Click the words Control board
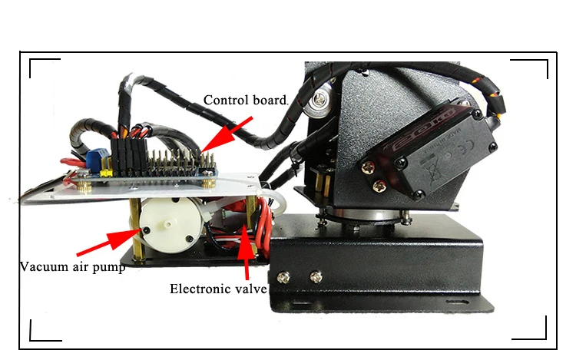(244, 100)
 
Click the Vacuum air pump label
(72, 268)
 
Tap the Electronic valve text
(218, 289)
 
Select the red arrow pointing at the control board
(227, 133)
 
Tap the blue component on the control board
(92, 157)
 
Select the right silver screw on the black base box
(314, 274)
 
